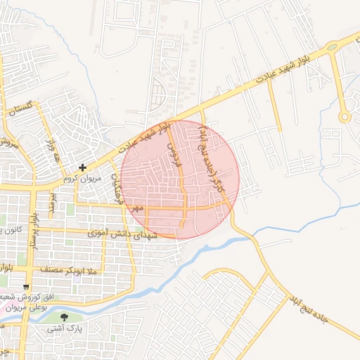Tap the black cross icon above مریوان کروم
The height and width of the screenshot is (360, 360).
(x=83, y=167)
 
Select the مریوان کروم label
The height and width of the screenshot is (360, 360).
(x=84, y=179)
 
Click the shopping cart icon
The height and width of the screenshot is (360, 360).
(x=27, y=287)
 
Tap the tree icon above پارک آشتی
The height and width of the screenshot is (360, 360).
(x=65, y=318)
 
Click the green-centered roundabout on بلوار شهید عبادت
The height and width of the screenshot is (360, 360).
(x=331, y=47)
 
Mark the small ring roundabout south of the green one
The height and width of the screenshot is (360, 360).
(x=344, y=117)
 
